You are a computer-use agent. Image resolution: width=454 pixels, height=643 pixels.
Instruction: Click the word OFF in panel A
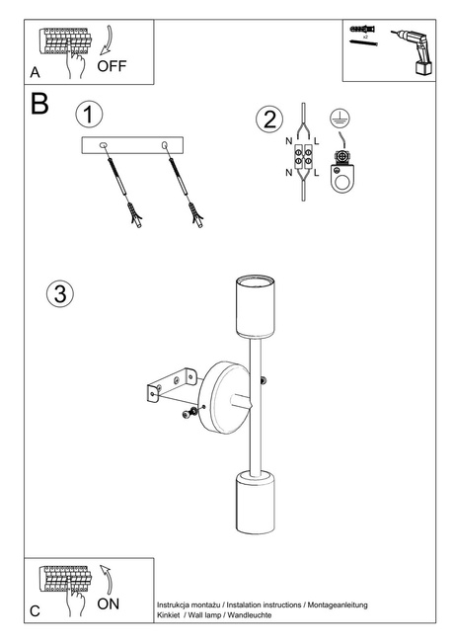coord(113,66)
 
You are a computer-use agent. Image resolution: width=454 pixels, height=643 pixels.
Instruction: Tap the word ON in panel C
coord(109,603)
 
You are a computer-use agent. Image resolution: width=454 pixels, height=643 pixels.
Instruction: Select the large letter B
coord(40,105)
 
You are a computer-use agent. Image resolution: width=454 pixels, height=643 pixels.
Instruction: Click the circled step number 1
coord(89,114)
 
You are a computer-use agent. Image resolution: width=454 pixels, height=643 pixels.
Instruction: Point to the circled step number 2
coord(267,121)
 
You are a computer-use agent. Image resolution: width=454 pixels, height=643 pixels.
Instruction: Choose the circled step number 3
coord(60,293)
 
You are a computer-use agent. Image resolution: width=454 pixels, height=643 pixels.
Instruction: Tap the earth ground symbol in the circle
coord(340,121)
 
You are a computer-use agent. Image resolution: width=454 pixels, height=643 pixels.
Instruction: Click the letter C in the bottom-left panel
coord(36,611)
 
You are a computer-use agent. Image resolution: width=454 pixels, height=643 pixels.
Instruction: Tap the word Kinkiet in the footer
coord(168,613)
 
